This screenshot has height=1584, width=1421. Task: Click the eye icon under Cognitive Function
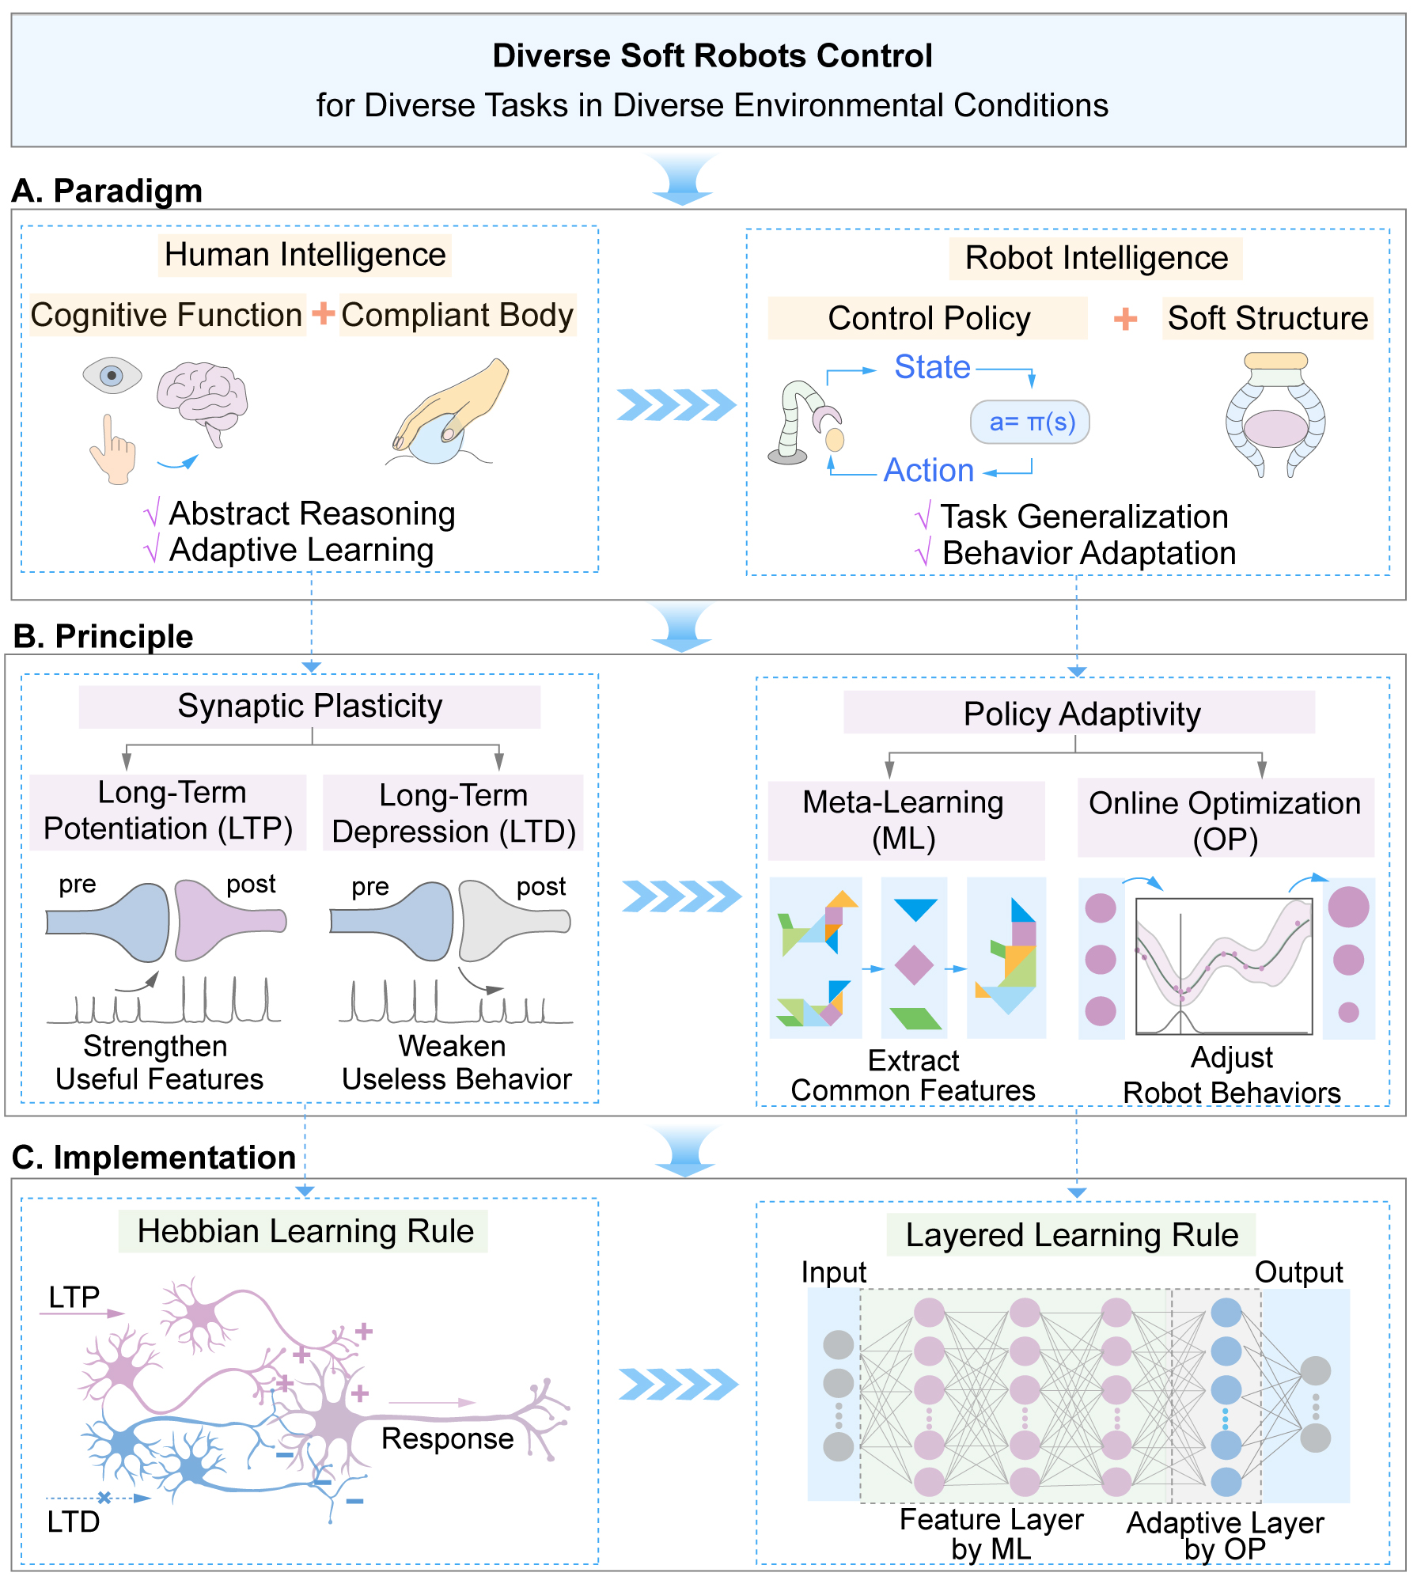click(112, 375)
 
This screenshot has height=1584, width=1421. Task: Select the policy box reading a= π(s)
click(1030, 423)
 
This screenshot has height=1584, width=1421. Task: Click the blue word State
click(932, 367)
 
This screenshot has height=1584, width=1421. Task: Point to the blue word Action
click(928, 470)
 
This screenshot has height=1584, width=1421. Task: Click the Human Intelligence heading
click(305, 255)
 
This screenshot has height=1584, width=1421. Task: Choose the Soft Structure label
click(1268, 318)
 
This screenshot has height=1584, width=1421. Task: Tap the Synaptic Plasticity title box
click(309, 706)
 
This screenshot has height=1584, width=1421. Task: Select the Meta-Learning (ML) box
click(905, 820)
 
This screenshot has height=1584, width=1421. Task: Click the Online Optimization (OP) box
click(1225, 820)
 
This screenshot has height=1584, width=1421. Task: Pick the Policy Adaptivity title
click(1081, 714)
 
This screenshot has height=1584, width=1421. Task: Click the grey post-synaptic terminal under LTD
click(513, 919)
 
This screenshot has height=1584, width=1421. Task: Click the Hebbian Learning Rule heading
click(305, 1231)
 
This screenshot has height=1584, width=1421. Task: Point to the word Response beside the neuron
click(447, 1438)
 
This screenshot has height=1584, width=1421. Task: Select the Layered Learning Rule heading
click(1071, 1235)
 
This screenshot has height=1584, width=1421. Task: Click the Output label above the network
click(1298, 1272)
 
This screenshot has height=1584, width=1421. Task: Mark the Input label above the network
click(833, 1272)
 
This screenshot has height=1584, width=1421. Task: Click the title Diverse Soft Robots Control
click(712, 56)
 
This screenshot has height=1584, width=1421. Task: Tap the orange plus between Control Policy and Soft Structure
click(1125, 319)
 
